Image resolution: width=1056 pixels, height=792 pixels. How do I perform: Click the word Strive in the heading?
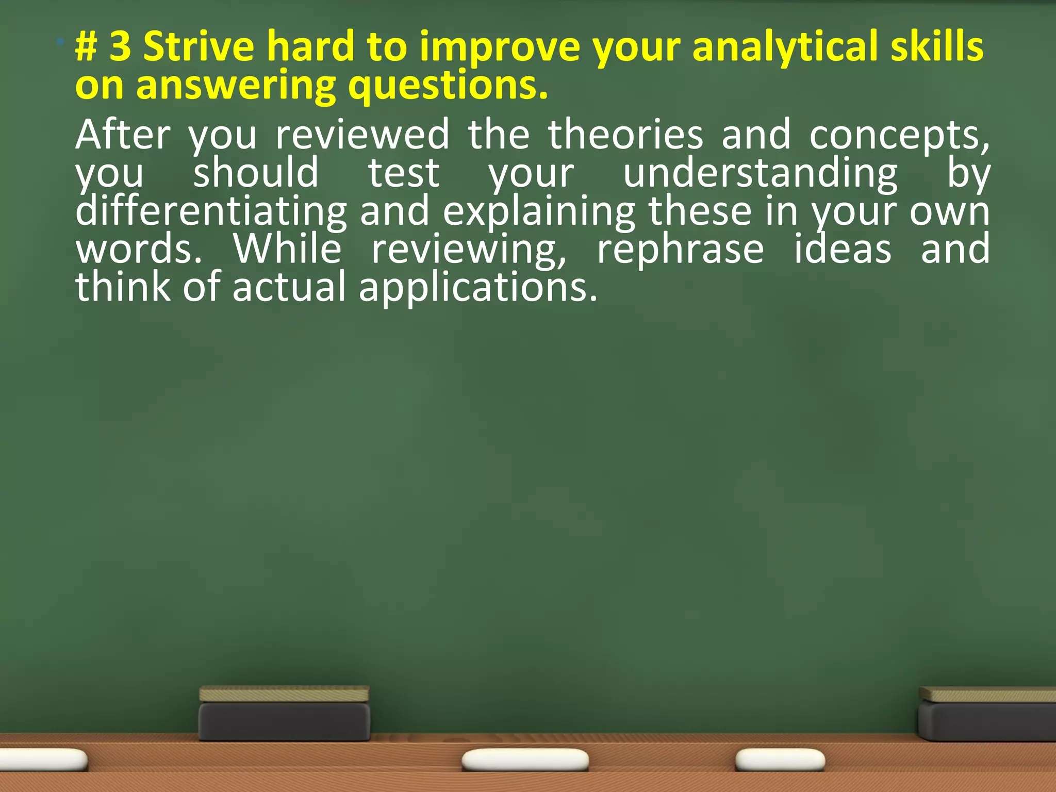click(199, 47)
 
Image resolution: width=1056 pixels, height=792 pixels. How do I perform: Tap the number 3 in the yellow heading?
click(120, 47)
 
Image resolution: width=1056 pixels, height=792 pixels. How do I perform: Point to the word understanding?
click(761, 174)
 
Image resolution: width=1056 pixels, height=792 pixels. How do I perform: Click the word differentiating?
click(211, 212)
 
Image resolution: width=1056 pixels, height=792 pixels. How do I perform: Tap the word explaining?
click(539, 212)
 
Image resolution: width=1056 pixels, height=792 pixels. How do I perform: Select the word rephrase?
click(680, 251)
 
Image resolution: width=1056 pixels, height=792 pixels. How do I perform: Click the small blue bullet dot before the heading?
click(61, 41)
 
